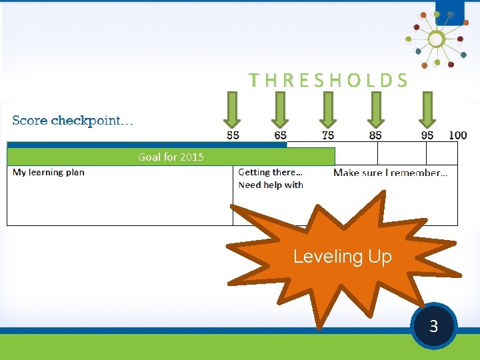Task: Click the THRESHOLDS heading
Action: pyautogui.click(x=328, y=81)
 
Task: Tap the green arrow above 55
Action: pyautogui.click(x=232, y=109)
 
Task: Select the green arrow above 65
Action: pyautogui.click(x=280, y=109)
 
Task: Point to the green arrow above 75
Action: pyautogui.click(x=328, y=109)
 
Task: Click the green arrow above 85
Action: pyautogui.click(x=376, y=109)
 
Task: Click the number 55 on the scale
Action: pyautogui.click(x=233, y=135)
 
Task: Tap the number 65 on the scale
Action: pyautogui.click(x=281, y=135)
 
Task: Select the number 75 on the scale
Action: pyautogui.click(x=328, y=135)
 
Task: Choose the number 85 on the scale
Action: pyautogui.click(x=375, y=135)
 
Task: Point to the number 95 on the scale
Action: pyautogui.click(x=427, y=135)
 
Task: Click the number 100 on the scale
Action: pyautogui.click(x=457, y=135)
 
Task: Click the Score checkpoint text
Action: pyautogui.click(x=73, y=121)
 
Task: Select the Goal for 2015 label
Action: pyautogui.click(x=171, y=157)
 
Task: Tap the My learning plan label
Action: pyautogui.click(x=49, y=172)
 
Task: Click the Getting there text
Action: pyautogui.click(x=270, y=172)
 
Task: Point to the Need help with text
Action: pyautogui.click(x=271, y=185)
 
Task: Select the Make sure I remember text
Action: pyautogui.click(x=390, y=173)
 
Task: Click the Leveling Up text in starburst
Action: pyautogui.click(x=343, y=257)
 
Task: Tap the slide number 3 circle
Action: pyautogui.click(x=433, y=326)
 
